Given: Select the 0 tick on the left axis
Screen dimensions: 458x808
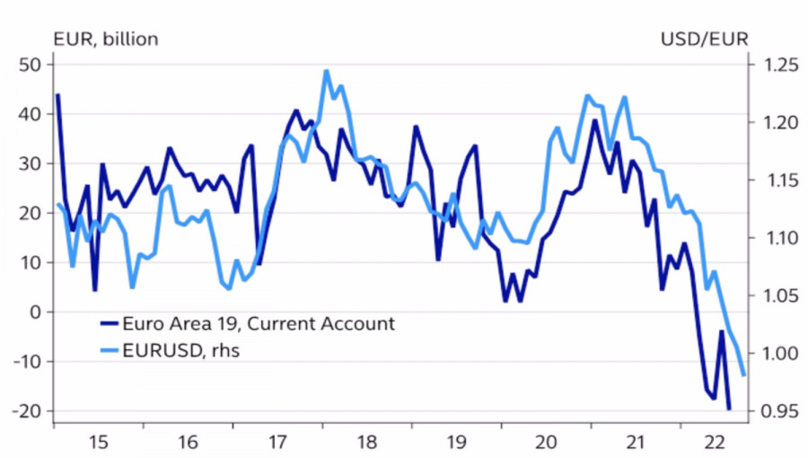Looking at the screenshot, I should click(36, 312).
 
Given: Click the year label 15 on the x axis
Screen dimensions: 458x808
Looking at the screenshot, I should click(99, 441).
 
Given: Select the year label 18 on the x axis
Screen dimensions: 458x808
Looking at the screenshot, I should click(366, 441).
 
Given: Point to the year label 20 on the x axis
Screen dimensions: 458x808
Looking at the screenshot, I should click(546, 441).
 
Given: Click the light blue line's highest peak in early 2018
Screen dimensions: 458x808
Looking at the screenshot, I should click(327, 71).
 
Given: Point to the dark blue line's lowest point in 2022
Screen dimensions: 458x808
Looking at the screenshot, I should click(728, 409).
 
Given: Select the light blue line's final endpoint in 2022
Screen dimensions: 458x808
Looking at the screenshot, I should click(744, 374).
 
